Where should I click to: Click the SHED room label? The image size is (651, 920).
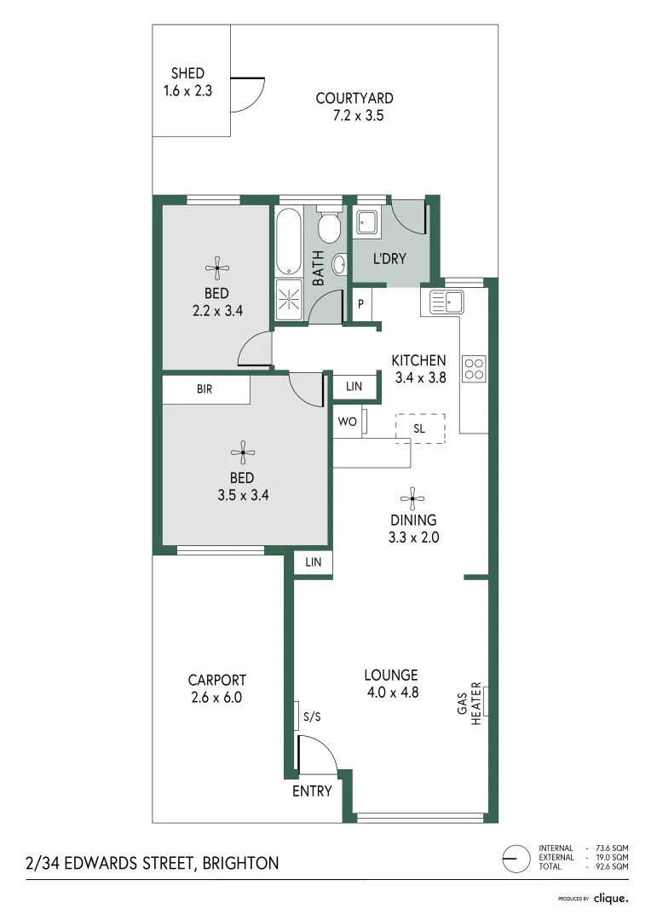tap(187, 74)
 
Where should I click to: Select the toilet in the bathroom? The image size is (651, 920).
tap(328, 226)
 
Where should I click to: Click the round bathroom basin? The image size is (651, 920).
tap(338, 264)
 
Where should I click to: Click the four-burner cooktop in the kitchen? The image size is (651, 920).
tap(474, 368)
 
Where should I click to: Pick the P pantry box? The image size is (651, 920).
tap(361, 304)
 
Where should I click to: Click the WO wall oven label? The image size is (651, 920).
tap(346, 422)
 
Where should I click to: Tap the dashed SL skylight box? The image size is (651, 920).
tap(420, 428)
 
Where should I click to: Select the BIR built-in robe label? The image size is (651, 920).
tap(205, 389)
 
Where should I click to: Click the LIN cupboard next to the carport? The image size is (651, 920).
tap(314, 562)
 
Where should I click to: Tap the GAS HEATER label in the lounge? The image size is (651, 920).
tap(471, 700)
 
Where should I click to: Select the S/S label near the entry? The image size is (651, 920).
tap(312, 717)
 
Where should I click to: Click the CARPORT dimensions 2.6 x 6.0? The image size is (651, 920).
tap(217, 697)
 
